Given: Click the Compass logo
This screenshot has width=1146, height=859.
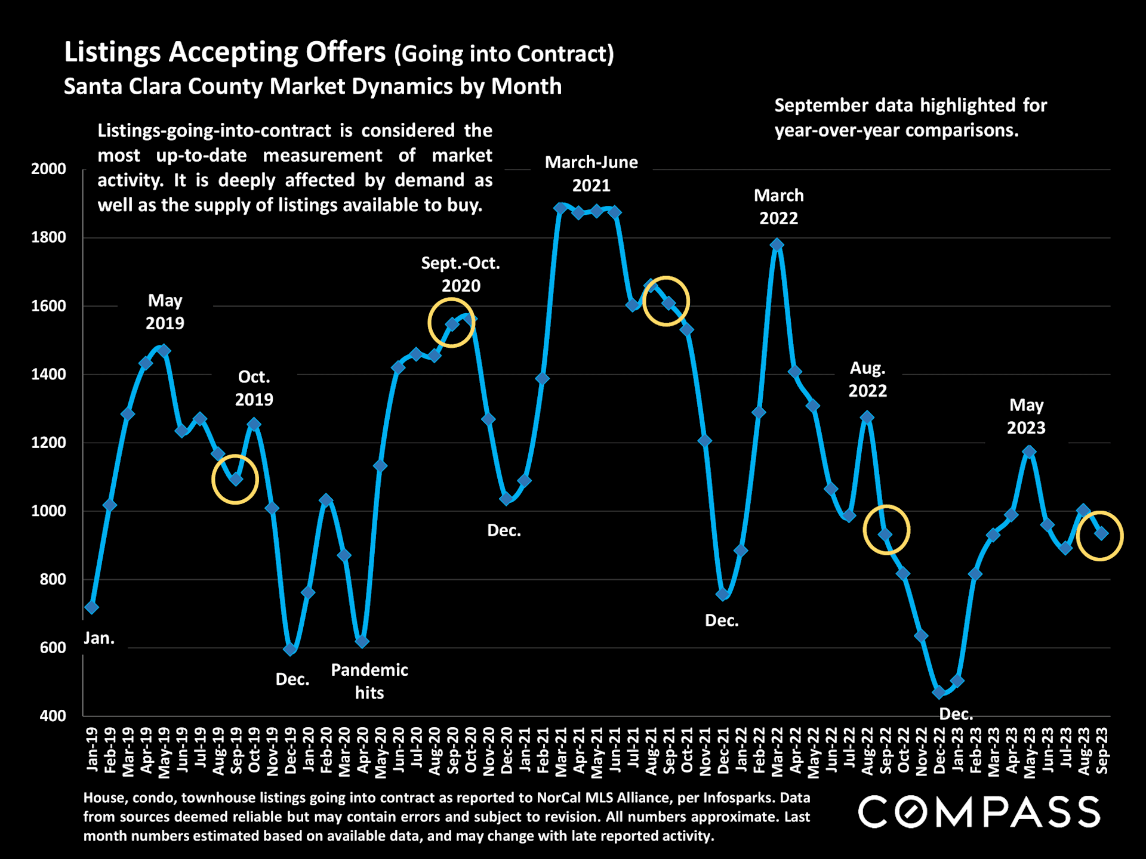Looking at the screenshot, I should [979, 812].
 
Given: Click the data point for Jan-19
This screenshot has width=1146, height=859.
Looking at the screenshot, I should [91, 607].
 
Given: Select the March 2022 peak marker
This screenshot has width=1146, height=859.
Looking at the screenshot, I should [777, 245].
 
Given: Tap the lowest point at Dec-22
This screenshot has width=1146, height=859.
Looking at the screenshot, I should [939, 692].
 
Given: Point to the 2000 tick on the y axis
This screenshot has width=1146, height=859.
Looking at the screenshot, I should [48, 169].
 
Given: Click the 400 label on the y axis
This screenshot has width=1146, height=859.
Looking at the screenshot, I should [53, 716].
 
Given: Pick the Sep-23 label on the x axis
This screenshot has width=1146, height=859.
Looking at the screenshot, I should [1102, 750].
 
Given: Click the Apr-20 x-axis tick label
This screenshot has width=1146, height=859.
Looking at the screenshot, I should [363, 750].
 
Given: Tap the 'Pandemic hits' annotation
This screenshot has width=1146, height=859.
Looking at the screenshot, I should [369, 681].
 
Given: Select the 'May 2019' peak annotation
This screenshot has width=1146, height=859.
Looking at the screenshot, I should [165, 311].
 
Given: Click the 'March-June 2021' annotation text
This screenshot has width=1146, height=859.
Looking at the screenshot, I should [591, 174].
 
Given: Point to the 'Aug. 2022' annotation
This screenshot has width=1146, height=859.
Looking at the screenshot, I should [867, 379].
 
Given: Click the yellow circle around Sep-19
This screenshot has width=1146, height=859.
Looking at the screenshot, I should [235, 479].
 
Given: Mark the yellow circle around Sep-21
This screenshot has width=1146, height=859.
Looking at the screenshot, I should [666, 301].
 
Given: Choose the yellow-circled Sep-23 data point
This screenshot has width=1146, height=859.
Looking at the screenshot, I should [1101, 534].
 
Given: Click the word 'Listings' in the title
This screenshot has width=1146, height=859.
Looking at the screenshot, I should [112, 52].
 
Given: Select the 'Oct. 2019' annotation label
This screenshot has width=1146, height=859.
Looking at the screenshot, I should [254, 388].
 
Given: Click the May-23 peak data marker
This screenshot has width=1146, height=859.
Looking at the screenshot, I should [1029, 452].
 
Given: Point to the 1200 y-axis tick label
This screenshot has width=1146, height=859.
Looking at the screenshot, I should [48, 443].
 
